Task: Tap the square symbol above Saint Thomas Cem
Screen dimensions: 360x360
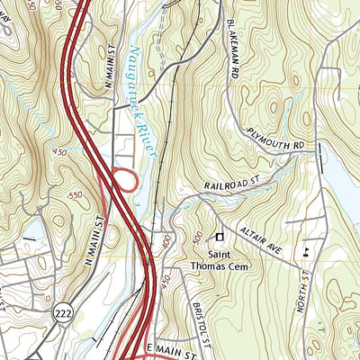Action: [218, 237]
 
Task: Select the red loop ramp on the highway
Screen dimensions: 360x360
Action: [125, 181]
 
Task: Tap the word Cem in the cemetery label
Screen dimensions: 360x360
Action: [241, 266]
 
